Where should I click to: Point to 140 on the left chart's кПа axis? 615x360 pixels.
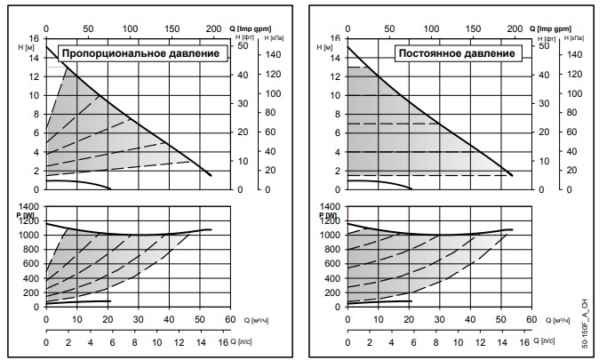tap(276, 54)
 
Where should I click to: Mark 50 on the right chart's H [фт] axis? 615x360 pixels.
tap(544, 45)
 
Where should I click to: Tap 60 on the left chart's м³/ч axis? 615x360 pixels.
tap(229, 320)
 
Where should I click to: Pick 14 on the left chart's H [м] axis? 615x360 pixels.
tap(35, 57)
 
